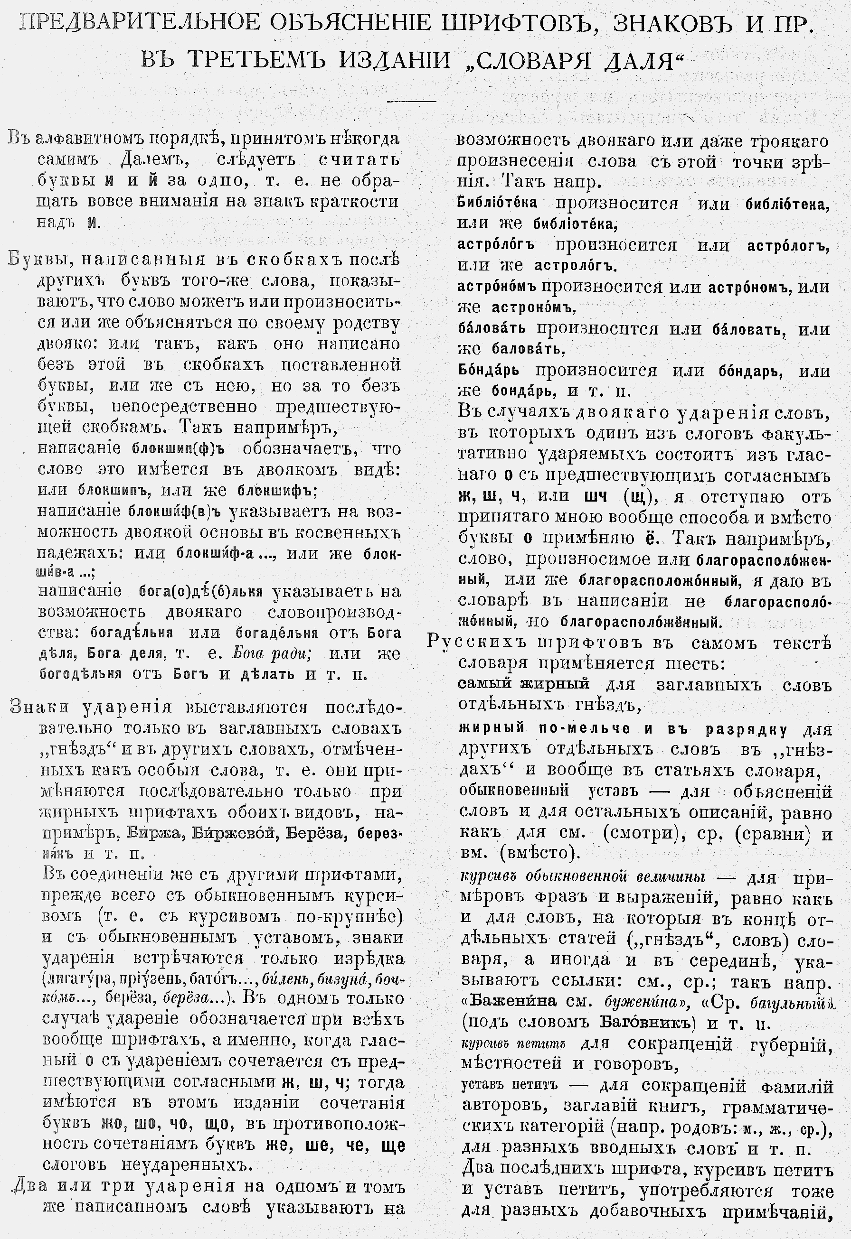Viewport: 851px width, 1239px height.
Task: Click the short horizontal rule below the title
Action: click(x=411, y=100)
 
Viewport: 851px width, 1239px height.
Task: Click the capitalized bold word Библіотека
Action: click(x=497, y=203)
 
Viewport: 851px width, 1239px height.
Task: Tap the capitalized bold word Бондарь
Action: click(x=488, y=371)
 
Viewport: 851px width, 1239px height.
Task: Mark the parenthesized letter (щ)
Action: click(x=638, y=496)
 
